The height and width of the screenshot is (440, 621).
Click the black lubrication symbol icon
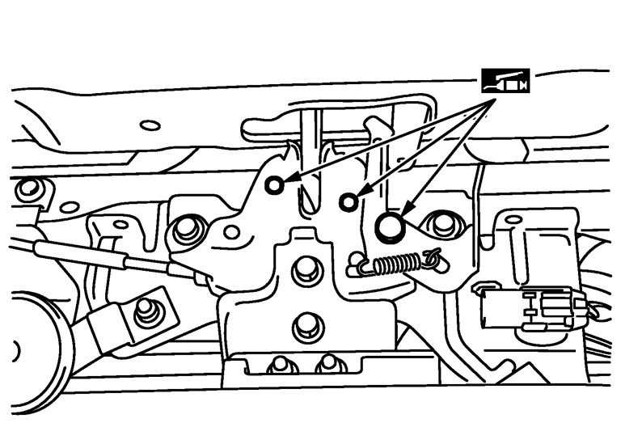click(504, 80)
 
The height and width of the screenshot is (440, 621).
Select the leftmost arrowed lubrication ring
click(275, 185)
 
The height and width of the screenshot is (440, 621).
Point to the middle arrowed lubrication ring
click(348, 201)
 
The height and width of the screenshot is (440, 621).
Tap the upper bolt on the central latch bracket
click(306, 269)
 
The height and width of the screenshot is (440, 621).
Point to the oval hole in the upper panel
click(150, 125)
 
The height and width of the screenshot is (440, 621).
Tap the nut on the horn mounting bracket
click(146, 311)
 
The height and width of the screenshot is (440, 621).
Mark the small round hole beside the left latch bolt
click(232, 232)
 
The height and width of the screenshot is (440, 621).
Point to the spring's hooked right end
click(433, 256)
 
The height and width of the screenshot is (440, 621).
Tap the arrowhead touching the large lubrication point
click(406, 212)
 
